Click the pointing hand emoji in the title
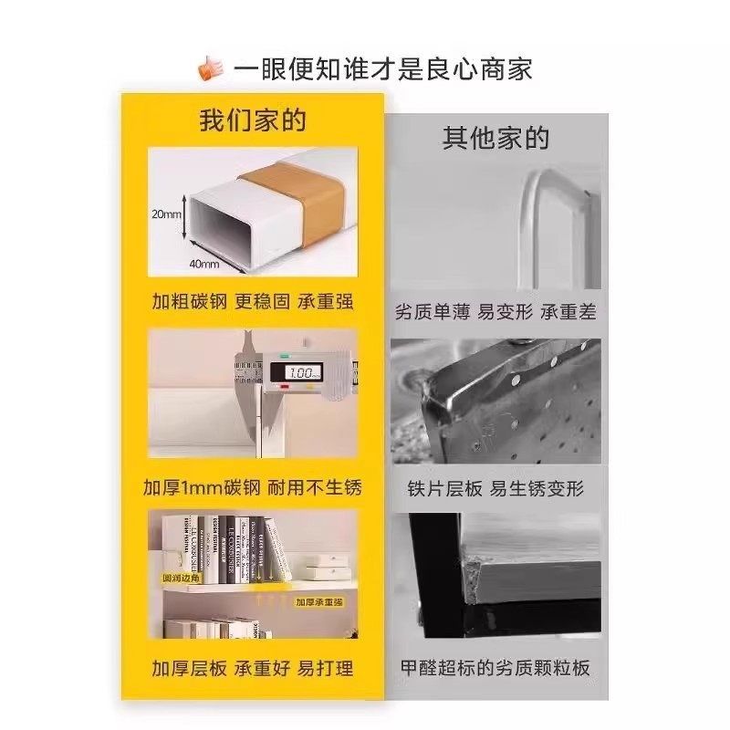212,68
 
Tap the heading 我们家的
253,120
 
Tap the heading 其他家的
495,139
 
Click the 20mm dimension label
168,214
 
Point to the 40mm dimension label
204,265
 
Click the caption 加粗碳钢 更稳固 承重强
253,301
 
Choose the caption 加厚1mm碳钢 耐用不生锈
253,486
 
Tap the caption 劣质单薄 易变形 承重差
495,311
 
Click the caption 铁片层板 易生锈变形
495,488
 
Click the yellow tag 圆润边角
181,579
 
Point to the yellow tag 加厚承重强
318,602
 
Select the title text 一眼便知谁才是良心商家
382,69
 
